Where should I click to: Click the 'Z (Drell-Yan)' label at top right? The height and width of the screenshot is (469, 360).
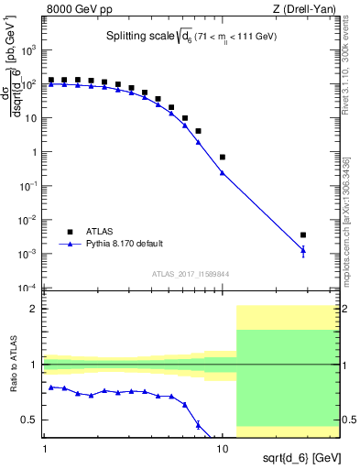tap(307, 9)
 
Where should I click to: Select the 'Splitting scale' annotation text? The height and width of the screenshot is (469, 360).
tap(134, 37)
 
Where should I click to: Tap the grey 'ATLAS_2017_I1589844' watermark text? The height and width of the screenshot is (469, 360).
tap(191, 273)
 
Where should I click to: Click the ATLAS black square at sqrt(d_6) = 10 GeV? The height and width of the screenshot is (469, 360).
tap(223, 157)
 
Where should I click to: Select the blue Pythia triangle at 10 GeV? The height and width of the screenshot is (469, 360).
tap(223, 172)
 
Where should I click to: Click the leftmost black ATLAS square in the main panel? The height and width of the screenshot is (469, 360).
tap(51, 81)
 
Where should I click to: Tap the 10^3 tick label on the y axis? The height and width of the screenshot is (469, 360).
tap(29, 50)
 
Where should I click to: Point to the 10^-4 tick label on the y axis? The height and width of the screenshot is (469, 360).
tap(29, 288)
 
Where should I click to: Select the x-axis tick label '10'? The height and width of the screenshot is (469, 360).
tap(223, 451)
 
